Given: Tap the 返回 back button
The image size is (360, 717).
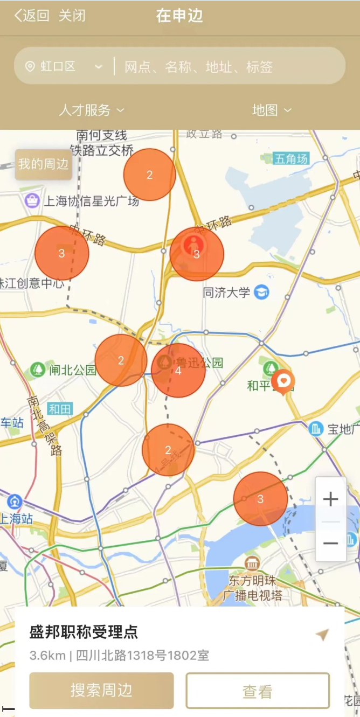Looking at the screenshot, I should [x=32, y=16].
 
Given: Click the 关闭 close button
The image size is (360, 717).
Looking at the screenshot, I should [x=72, y=16].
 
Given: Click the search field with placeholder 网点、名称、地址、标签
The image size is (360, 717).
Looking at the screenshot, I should [x=226, y=67].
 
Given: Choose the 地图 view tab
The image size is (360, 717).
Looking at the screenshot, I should [x=271, y=110].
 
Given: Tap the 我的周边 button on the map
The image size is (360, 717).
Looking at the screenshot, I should [x=44, y=164].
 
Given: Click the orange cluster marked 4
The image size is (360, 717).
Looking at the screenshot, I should [x=178, y=371].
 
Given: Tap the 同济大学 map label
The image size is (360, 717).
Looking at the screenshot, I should [x=227, y=293].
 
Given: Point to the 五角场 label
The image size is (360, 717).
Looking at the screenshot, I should [x=291, y=159].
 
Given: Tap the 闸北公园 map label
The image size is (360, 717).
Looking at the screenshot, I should [x=72, y=370].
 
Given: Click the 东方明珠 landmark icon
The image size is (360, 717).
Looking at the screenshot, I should [x=252, y=564].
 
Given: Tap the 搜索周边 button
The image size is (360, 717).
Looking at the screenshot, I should [x=101, y=690].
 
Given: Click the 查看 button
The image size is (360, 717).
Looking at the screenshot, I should [x=258, y=691].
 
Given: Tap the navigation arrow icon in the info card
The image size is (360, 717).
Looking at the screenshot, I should [x=322, y=635].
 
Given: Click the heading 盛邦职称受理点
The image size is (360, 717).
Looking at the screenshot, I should [x=84, y=632].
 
